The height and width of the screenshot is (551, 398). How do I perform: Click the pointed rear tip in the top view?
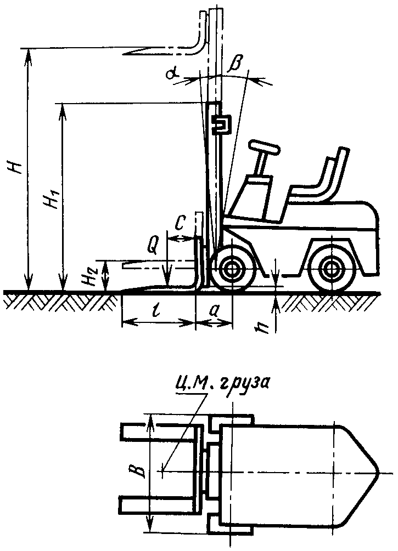click(375, 471)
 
